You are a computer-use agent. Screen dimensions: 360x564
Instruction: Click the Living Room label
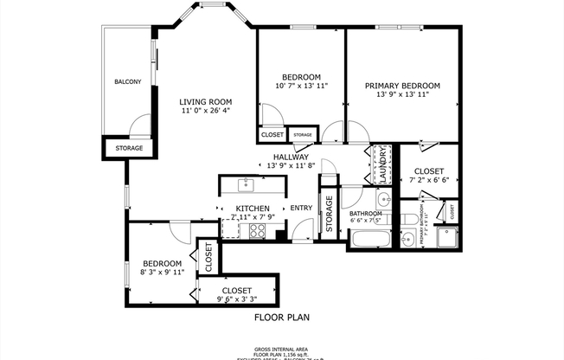[x=205, y=100]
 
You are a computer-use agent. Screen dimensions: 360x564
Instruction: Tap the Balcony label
[x=128, y=82]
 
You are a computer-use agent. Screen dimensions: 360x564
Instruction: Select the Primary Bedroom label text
[x=402, y=86]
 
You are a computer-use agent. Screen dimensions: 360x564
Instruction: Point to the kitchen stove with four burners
[x=257, y=229]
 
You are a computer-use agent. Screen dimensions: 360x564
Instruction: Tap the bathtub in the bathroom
[x=372, y=238]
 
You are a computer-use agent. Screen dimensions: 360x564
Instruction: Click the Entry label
[x=301, y=208]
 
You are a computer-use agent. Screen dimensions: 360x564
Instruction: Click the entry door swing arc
[x=301, y=229]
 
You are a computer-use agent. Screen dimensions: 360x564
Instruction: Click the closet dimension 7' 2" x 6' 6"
[x=428, y=181]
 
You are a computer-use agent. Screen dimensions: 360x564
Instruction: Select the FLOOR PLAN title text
[x=281, y=318]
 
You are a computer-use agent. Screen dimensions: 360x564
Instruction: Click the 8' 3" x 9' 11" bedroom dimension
[x=163, y=273]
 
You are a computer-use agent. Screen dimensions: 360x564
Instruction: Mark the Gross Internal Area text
[x=281, y=347]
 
